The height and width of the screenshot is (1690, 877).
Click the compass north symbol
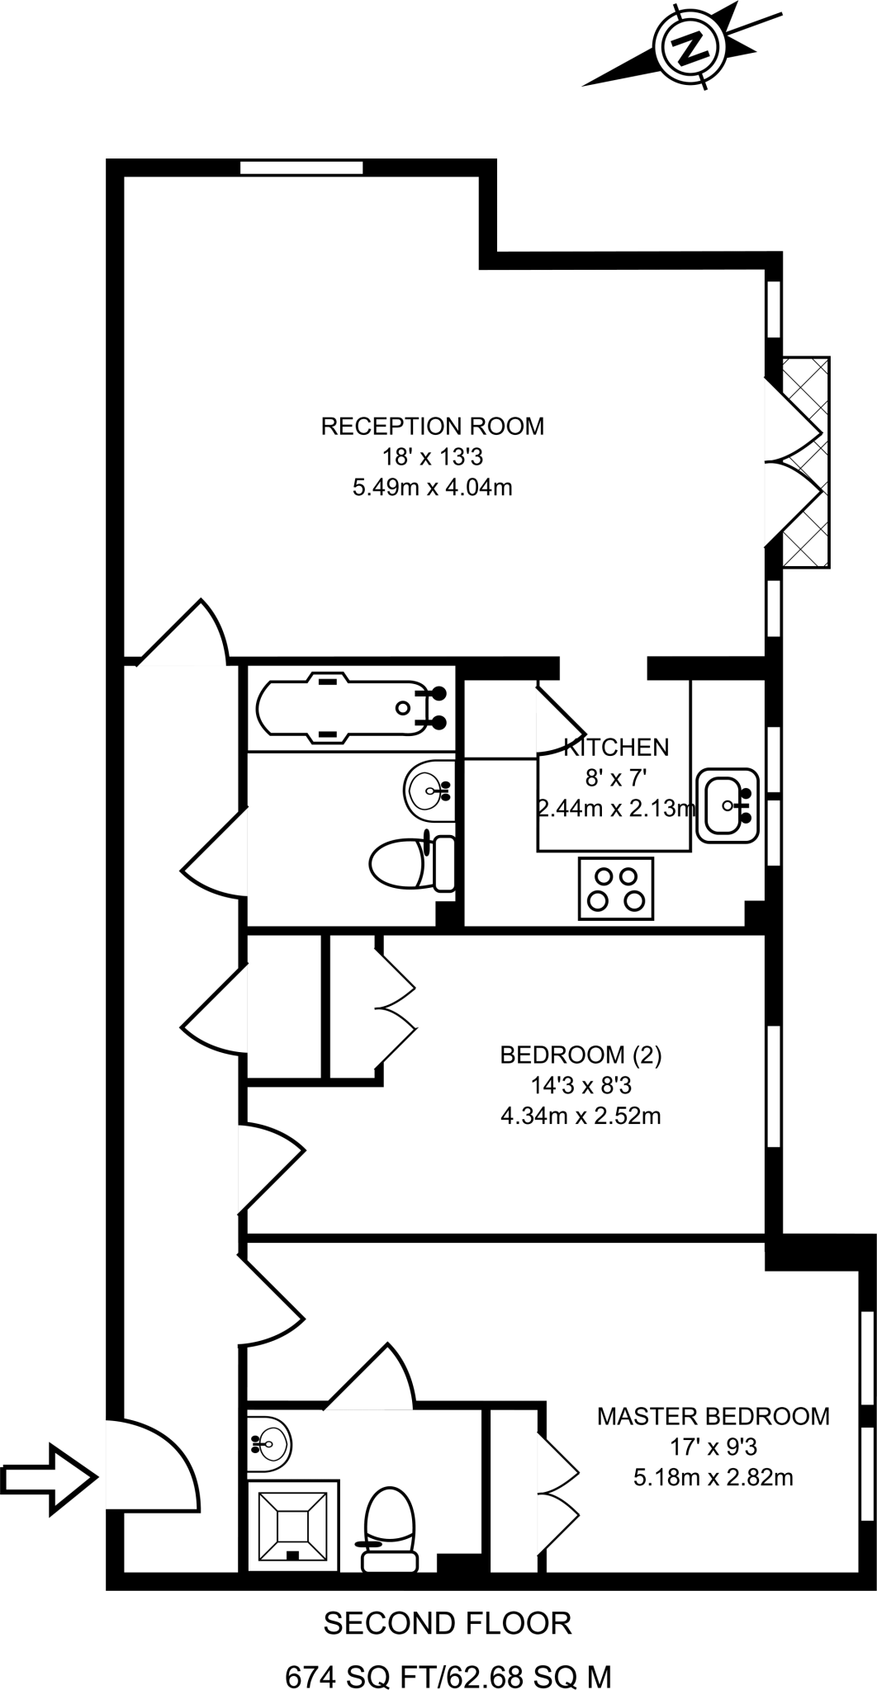pyautogui.click(x=689, y=46)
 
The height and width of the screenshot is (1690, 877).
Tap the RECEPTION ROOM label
pyautogui.click(x=432, y=427)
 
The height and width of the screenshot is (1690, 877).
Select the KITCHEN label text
pyautogui.click(x=616, y=748)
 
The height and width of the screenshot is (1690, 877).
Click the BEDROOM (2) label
pyautogui.click(x=581, y=1055)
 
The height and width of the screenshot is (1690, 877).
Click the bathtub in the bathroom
pyautogui.click(x=352, y=707)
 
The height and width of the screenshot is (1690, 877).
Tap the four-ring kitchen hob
pyautogui.click(x=616, y=888)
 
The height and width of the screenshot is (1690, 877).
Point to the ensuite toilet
pyautogui.click(x=389, y=1525)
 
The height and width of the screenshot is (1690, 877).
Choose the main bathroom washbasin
pyautogui.click(x=429, y=791)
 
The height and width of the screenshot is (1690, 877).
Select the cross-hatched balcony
pyautogui.click(x=805, y=462)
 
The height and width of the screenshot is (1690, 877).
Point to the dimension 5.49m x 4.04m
pyautogui.click(x=432, y=487)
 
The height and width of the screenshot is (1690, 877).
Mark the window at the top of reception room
pyautogui.click(x=301, y=168)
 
